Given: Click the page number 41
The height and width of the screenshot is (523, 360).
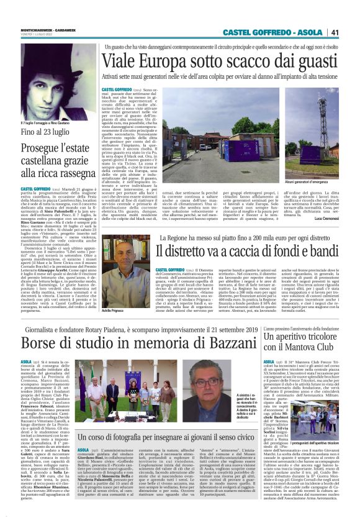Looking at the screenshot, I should click(352, 32).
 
